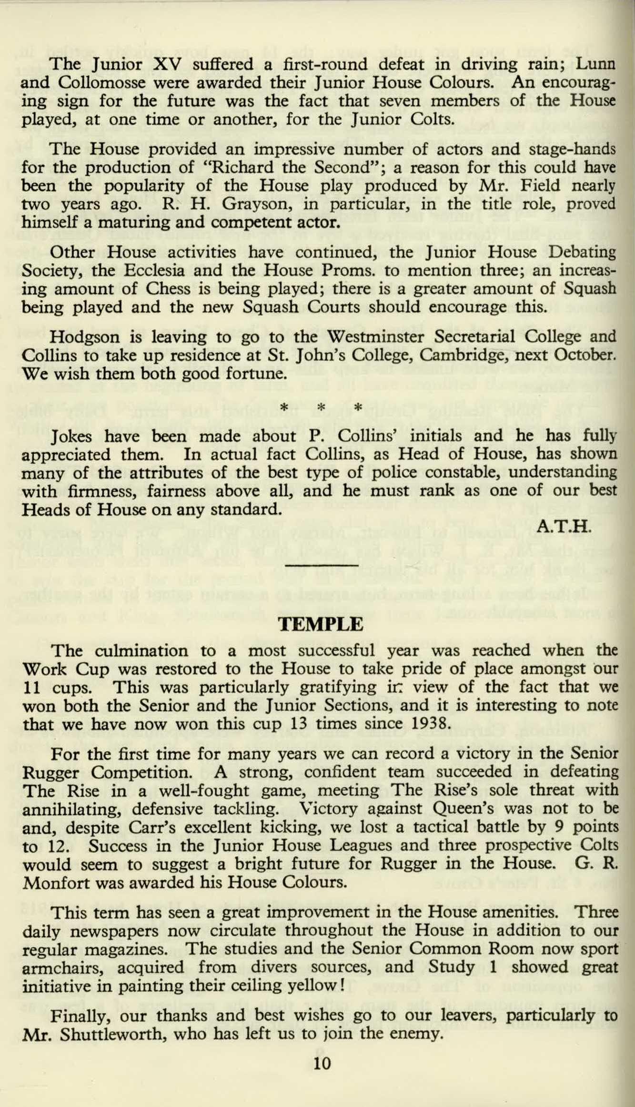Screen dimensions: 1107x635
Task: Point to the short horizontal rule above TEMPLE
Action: [322, 565]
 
